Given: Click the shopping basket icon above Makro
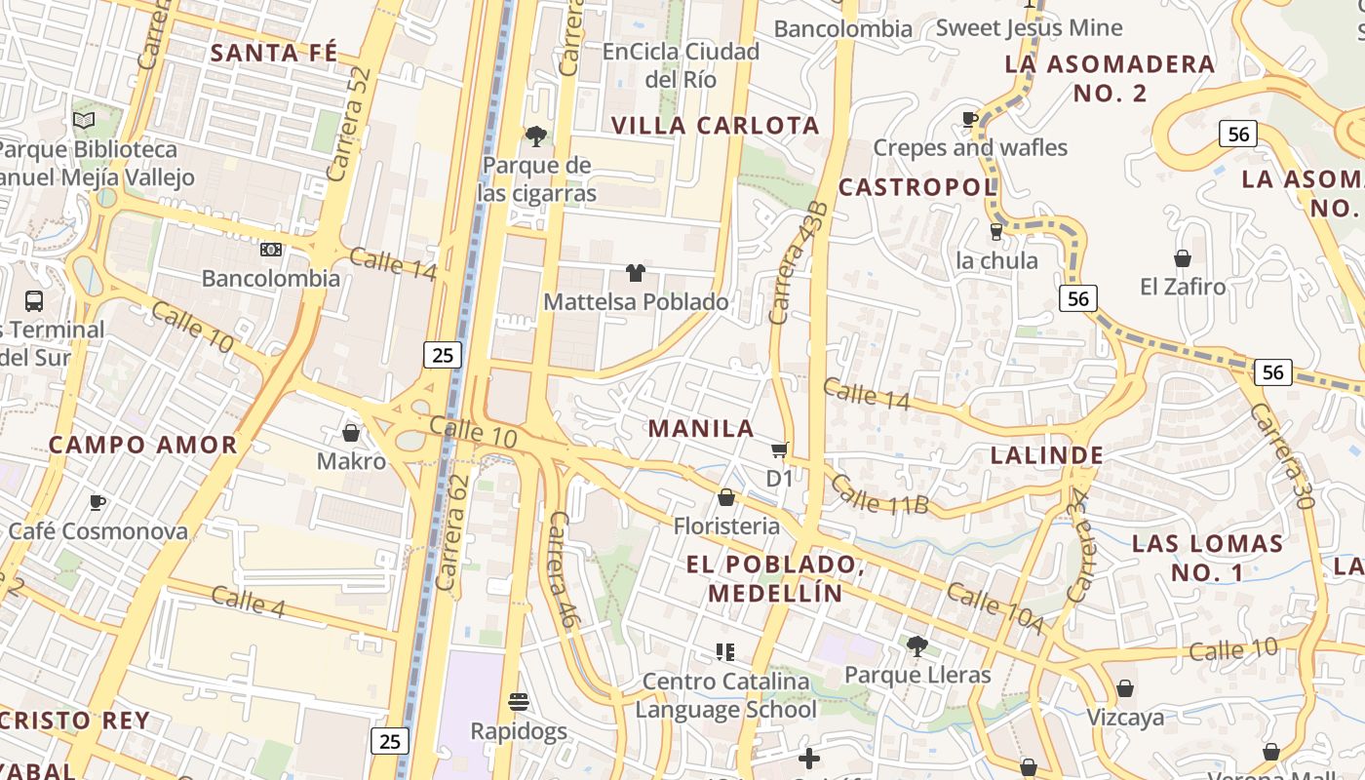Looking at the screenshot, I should coord(351,432).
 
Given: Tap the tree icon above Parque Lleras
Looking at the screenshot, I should coord(916,644).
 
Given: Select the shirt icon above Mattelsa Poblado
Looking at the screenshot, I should coord(635,273).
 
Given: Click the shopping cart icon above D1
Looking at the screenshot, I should coord(779,449).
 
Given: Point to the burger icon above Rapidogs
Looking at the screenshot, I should coord(518,701).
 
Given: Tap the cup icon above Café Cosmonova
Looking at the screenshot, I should coord(97,502).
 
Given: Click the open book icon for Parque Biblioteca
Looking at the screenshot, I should coord(84,120).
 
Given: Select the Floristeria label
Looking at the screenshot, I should coord(726,526).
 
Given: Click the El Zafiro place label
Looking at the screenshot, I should coord(1183,287).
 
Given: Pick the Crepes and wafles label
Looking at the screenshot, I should coord(970,147).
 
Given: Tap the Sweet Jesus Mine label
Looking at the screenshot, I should coord(1029,27).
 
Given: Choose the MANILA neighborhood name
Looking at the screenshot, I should coord(701,428).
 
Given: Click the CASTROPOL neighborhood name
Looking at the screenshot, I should coord(917,187).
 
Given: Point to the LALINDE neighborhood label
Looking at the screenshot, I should coord(1047,455).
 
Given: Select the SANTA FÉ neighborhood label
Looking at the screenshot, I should coord(274,53).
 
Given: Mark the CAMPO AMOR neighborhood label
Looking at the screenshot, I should coord(143,445).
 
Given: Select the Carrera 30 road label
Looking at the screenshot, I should coord(1281,455).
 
